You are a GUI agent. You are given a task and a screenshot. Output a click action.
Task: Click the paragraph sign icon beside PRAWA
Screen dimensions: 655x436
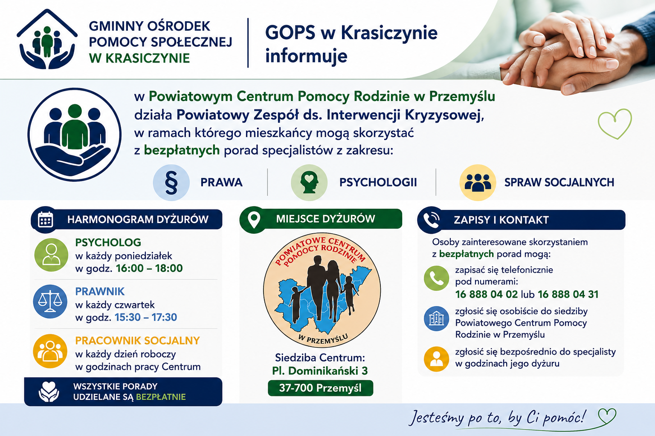click(x=171, y=183)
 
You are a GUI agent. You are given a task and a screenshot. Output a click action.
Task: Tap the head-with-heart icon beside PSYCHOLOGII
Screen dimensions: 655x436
click(x=309, y=183)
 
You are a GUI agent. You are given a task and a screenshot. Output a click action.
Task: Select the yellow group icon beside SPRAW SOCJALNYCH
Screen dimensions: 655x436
click(x=478, y=183)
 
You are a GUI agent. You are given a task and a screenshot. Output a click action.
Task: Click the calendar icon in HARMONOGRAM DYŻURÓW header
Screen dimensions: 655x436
click(x=45, y=219)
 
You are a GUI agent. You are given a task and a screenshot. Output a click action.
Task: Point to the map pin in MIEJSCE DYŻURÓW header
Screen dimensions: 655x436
click(x=254, y=220)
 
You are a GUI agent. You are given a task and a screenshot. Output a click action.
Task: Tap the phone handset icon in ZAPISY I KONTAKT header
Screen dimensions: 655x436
click(x=431, y=220)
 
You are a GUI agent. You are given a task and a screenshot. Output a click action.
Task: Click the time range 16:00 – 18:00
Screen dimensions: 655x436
click(x=149, y=268)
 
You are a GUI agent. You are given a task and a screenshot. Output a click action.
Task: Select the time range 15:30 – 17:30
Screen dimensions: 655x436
click(x=145, y=317)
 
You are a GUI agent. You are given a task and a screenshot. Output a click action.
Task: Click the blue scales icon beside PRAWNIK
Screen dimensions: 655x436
click(x=50, y=301)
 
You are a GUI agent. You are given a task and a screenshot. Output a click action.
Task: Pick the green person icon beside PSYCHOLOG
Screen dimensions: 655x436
click(x=51, y=255)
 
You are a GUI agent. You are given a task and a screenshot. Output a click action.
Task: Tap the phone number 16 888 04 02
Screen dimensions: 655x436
click(x=487, y=294)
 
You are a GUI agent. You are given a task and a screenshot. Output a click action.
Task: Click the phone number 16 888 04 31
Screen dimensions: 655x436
click(x=568, y=294)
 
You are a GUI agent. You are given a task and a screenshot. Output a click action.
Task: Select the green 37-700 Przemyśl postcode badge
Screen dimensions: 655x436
click(x=321, y=388)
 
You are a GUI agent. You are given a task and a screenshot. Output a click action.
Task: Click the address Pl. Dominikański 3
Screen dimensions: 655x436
click(x=320, y=371)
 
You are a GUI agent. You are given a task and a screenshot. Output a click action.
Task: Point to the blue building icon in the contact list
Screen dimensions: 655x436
click(x=436, y=318)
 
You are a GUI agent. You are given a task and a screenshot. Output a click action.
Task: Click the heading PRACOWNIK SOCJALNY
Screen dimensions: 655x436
click(x=137, y=341)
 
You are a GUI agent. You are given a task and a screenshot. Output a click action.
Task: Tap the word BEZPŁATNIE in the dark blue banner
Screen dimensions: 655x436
click(x=161, y=397)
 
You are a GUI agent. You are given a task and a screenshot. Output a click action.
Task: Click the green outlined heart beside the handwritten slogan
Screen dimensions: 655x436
click(x=607, y=416)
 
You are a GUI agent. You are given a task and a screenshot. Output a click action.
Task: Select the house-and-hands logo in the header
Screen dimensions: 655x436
click(x=47, y=39)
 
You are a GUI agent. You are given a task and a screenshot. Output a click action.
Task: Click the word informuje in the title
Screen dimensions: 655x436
click(x=306, y=56)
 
